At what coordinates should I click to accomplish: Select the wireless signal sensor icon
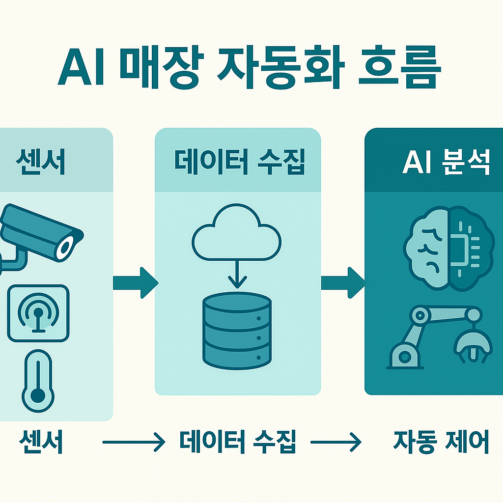[x=38, y=312]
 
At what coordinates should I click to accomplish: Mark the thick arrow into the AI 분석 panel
[x=343, y=282]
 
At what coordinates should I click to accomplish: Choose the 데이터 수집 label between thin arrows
[x=238, y=443]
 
